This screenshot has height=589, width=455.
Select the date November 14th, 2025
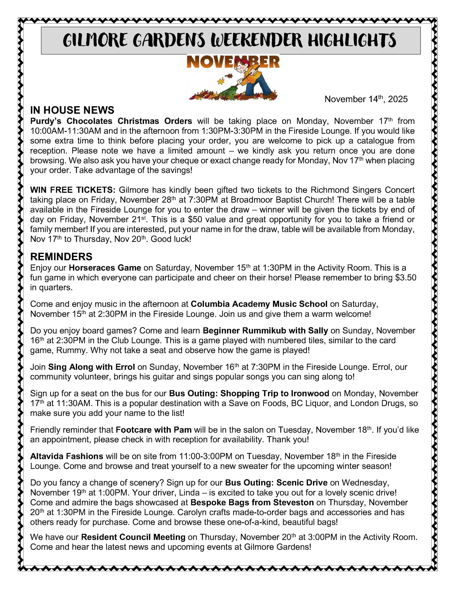coord(366,99)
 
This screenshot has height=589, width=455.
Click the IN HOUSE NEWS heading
coord(72,110)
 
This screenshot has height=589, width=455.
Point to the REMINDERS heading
coord(61,257)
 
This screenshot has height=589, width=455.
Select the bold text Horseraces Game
coord(105,268)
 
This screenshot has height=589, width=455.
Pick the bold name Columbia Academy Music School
coord(259,304)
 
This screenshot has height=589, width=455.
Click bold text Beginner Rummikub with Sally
coord(265,331)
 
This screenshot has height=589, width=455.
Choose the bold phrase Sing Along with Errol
coord(91,367)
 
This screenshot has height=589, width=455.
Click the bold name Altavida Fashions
coord(67,456)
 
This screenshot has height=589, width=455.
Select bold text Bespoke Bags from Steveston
coord(252,502)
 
